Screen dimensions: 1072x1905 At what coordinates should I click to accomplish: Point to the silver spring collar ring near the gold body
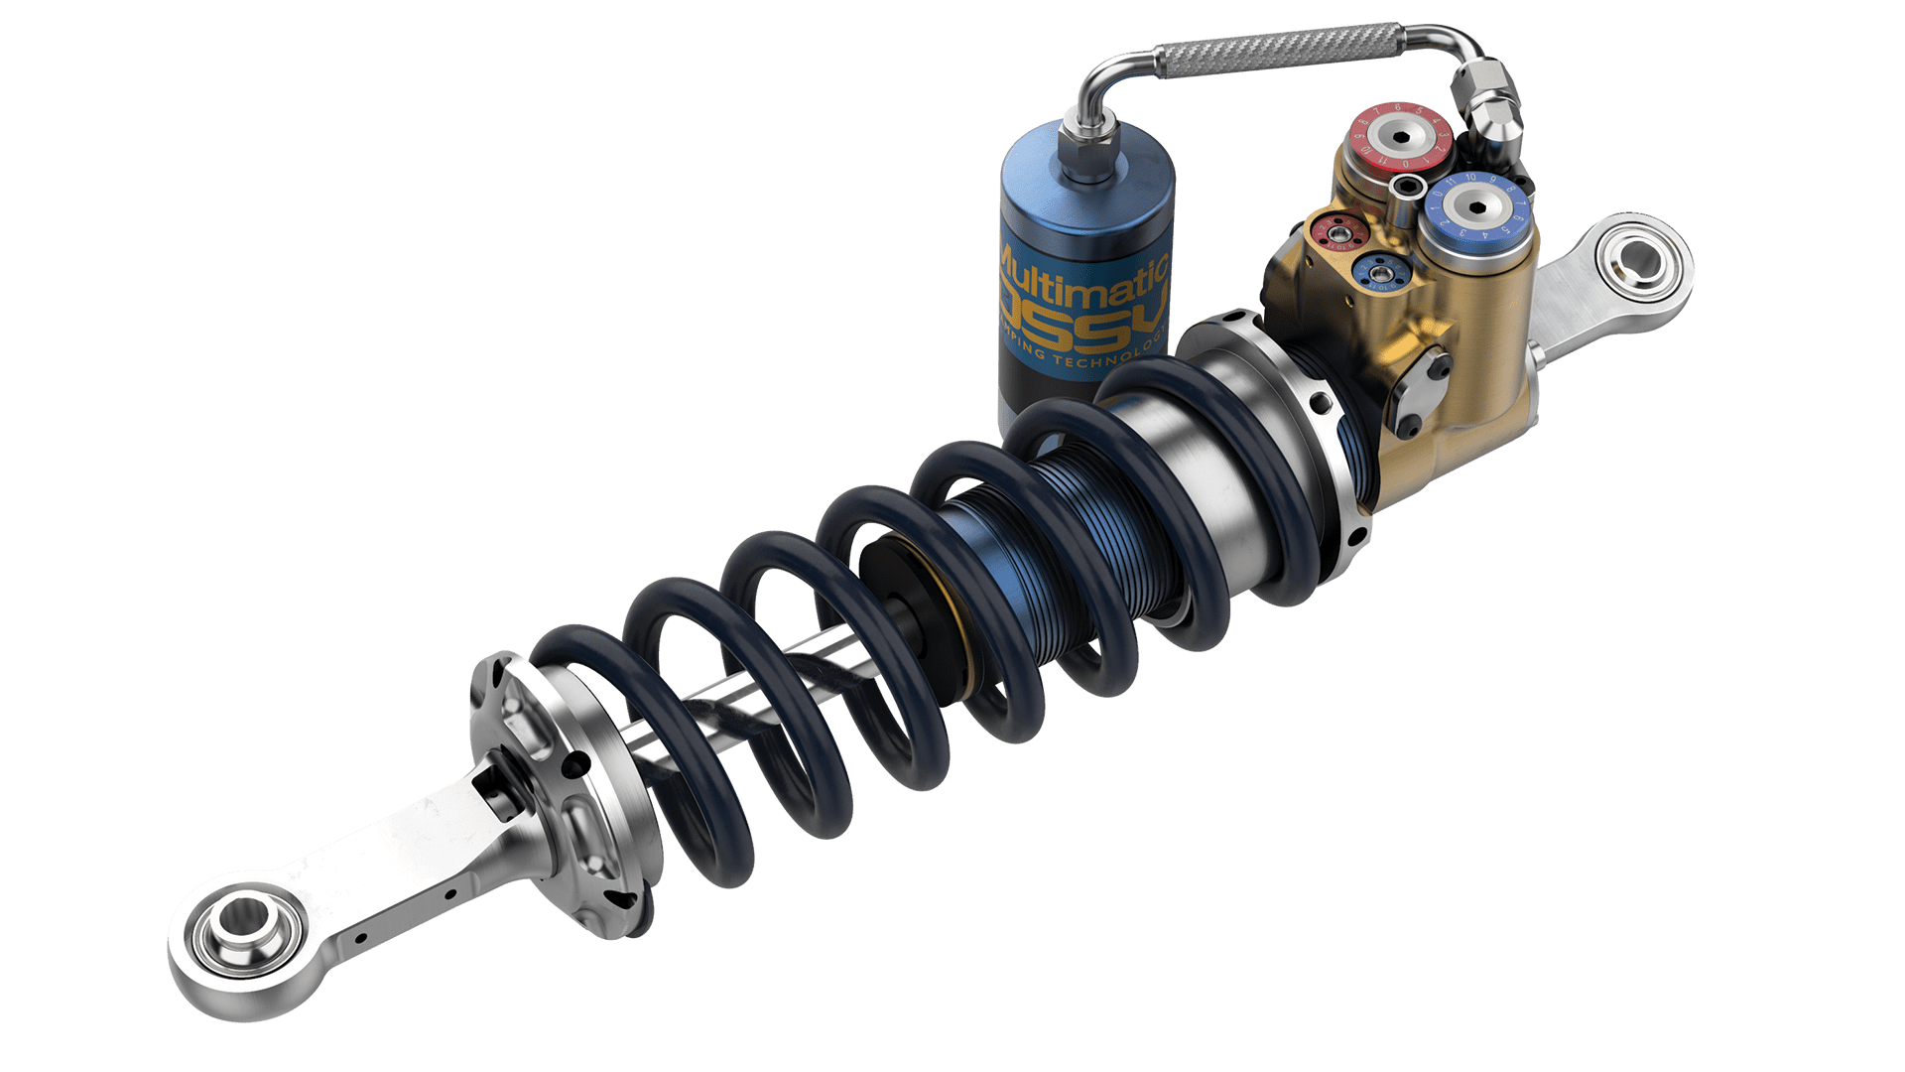(1310, 417)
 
